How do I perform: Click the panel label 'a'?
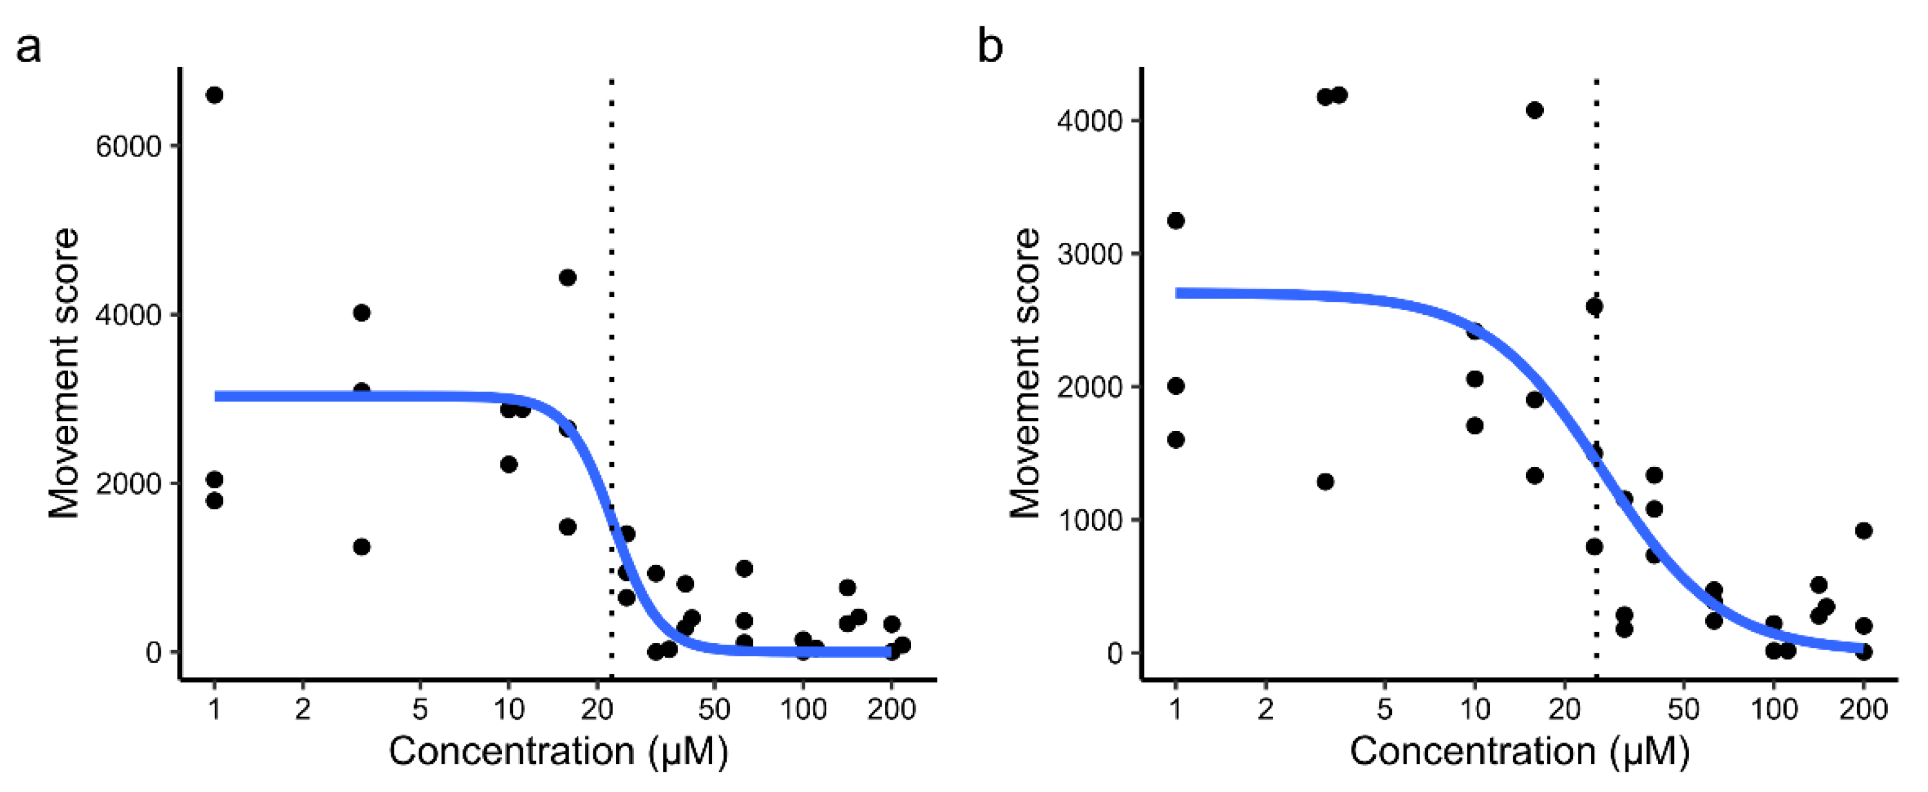tap(29, 50)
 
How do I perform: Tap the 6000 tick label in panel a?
tap(128, 146)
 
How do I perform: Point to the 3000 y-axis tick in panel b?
tap(1090, 255)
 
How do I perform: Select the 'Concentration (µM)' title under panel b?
tap(1519, 751)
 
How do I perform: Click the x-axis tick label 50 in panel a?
tap(714, 709)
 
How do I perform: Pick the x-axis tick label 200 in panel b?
tap(1863, 709)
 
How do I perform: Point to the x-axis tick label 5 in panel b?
tap(1385, 709)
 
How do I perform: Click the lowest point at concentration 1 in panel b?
tap(1176, 439)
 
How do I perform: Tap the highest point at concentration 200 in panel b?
tap(1863, 531)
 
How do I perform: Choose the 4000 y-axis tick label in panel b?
tap(1090, 121)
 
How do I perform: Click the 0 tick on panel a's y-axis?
tap(154, 653)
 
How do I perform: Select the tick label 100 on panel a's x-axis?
tap(802, 709)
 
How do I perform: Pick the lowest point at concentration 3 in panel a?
tap(361, 546)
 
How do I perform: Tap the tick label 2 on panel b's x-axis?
tap(1265, 709)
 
